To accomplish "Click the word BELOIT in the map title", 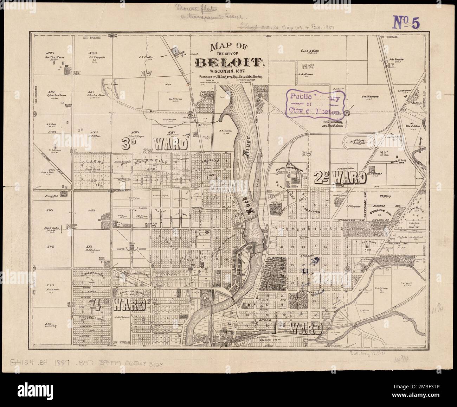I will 230,62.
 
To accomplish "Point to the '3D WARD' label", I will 155,144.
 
